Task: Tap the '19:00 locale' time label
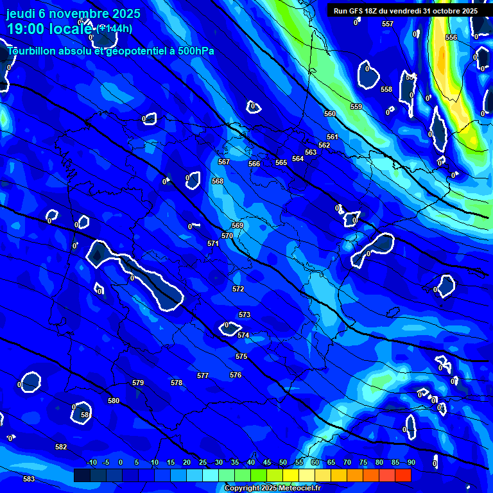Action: pos(48,28)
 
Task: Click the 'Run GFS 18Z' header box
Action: pos(406,11)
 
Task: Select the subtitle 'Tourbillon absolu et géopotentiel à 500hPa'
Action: pos(111,51)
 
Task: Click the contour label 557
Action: pos(388,24)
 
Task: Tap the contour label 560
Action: pos(330,114)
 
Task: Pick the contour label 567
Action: pos(224,162)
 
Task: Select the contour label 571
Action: pos(213,243)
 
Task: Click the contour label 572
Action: pos(238,289)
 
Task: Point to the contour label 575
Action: pos(241,356)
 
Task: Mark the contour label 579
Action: pos(138,383)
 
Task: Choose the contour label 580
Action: pos(114,401)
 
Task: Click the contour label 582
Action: pos(61,447)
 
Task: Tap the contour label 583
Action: pos(29,479)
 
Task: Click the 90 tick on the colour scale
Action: pos(411,462)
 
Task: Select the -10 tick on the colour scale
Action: pos(91,462)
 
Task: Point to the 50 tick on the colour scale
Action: pos(283,462)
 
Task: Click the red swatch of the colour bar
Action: pos(402,475)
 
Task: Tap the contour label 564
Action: pos(298,159)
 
